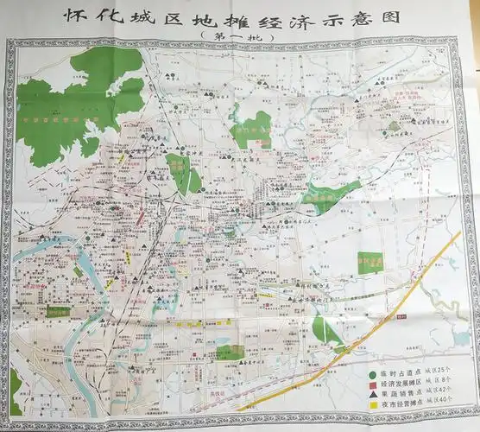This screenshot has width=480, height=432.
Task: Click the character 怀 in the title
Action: (x=77, y=16)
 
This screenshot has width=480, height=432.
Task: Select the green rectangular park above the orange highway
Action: (x=370, y=262)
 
